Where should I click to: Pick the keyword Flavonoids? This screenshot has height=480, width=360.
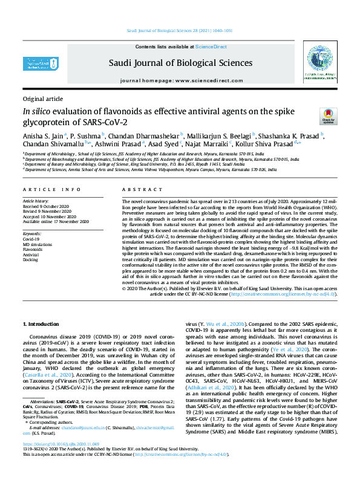[x=33, y=248]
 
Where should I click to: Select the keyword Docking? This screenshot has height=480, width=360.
[x=30, y=259]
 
